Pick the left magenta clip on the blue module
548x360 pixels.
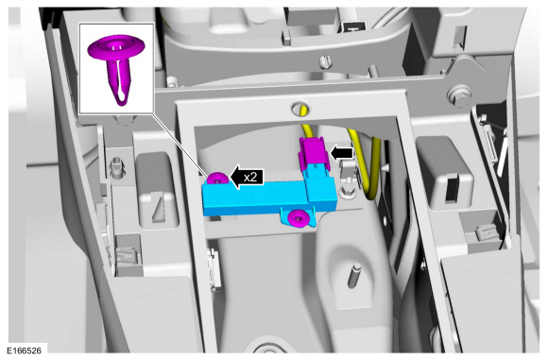[x=217, y=178]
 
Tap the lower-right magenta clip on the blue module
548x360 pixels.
[x=300, y=219]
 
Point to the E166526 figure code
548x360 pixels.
[x=27, y=351]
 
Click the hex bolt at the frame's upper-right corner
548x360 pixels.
[x=462, y=94]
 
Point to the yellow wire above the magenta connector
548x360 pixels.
[x=306, y=126]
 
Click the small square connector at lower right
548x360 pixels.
[x=483, y=232]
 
